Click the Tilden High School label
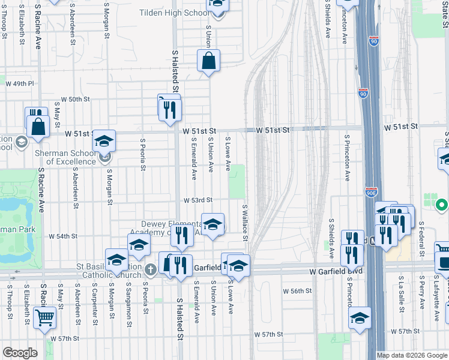click(175, 13)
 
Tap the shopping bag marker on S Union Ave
click(208, 61)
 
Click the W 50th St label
click(76, 99)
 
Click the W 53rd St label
click(198, 200)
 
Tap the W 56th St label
click(298, 290)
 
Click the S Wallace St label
click(246, 223)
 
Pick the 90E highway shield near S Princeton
click(372, 192)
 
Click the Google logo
click(20, 353)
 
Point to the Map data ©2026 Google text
click(412, 355)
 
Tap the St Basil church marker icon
click(150, 271)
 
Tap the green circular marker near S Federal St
click(441, 206)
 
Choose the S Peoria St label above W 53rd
click(143, 155)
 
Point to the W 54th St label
click(63, 236)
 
